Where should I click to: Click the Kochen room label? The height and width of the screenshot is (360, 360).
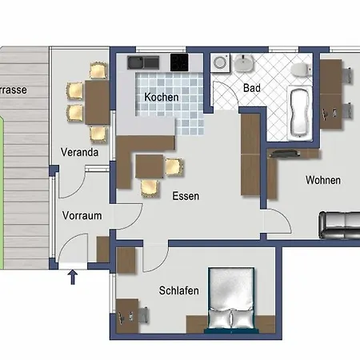click(161, 98)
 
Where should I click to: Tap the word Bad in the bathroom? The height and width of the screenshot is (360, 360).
click(250, 87)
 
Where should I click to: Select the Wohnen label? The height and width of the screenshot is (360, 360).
click(322, 180)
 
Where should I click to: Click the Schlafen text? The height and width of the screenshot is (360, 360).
click(178, 292)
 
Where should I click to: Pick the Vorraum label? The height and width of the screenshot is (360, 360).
click(82, 214)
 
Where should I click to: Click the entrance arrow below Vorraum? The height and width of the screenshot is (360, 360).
click(73, 278)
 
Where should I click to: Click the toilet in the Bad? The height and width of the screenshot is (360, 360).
click(301, 70)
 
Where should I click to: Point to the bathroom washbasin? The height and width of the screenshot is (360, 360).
click(245, 63)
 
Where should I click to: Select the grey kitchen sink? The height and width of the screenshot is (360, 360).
click(134, 62)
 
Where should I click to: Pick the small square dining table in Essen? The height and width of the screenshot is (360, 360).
click(150, 166)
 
